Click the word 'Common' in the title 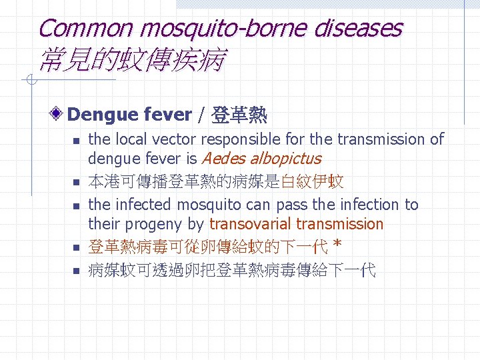pyautogui.click(x=85, y=28)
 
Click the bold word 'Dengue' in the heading pyautogui.click(x=101, y=115)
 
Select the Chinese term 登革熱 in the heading pyautogui.click(x=239, y=115)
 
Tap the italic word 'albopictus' pyautogui.click(x=285, y=159)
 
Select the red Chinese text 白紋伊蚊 pyautogui.click(x=312, y=181)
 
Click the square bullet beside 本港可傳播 pyautogui.click(x=76, y=182)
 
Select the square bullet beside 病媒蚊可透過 pyautogui.click(x=76, y=271)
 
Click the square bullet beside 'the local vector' pyautogui.click(x=76, y=141)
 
